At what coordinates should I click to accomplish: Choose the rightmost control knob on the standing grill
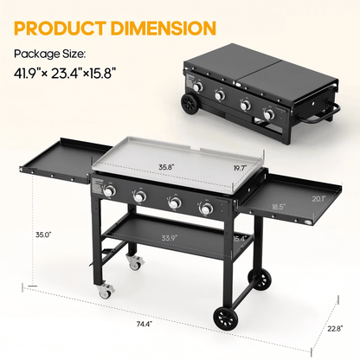tap(206, 208)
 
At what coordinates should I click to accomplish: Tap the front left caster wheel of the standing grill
tap(105, 292)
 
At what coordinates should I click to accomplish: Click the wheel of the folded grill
tap(191, 106)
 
